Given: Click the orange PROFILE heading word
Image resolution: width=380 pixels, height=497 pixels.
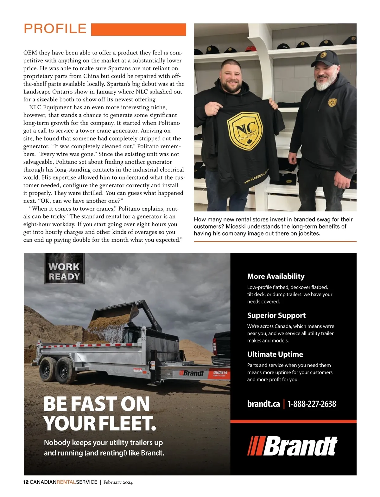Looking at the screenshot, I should tap(55, 29).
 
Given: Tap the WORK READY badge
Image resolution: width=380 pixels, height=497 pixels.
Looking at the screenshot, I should tap(64, 271).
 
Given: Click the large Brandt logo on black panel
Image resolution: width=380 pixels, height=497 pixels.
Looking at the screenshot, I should tap(292, 446).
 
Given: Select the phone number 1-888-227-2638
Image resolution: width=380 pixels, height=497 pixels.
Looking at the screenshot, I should tap(312, 404).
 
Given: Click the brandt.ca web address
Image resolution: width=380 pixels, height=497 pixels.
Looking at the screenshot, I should tap(263, 404).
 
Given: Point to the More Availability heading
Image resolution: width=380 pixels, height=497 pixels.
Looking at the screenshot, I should tap(276, 276).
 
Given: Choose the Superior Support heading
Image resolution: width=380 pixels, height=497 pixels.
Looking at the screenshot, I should tap(276, 315).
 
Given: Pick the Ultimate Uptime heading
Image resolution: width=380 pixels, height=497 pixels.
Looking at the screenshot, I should tap(275, 354).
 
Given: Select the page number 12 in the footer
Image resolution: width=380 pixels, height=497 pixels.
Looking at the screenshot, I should tap(26, 482).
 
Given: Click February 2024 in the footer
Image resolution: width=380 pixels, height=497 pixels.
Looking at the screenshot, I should tap(118, 482).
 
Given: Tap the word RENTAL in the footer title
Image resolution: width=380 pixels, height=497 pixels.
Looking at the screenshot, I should tap(66, 482).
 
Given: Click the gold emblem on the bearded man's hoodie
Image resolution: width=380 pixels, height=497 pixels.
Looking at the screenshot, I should tap(332, 102).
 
